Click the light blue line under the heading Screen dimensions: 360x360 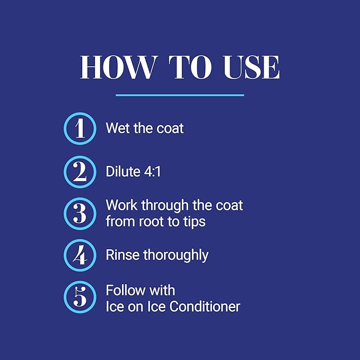180,95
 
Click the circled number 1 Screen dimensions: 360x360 80,128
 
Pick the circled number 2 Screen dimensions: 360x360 80,171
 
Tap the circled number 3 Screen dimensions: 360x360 80,213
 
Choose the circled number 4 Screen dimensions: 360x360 80,255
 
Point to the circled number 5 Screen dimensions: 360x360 80,297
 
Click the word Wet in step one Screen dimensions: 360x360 117,128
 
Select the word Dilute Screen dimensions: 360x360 121,171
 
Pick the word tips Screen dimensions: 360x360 193,222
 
